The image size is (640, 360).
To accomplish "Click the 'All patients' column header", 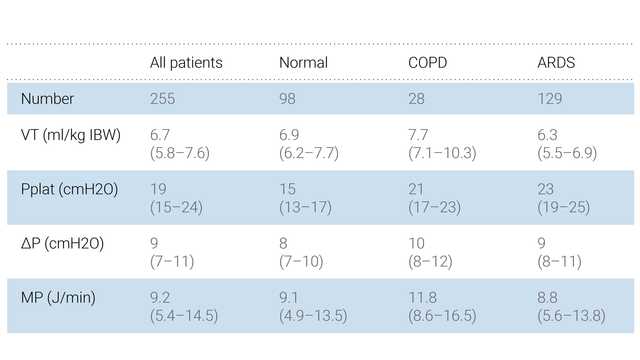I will (186, 63).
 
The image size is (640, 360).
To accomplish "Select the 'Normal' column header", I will (303, 63).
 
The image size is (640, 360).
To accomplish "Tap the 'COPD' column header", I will (429, 63).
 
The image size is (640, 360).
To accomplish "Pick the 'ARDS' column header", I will (557, 63).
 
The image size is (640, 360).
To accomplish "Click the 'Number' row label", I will (47, 99).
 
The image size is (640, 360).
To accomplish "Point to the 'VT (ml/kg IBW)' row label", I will (71, 135).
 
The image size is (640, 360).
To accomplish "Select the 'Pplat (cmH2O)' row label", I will (69, 189).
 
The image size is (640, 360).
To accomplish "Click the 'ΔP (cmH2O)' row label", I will (62, 243).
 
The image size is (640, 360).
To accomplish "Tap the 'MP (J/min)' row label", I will (58, 297).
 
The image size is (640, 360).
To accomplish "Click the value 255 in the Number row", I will (163, 99).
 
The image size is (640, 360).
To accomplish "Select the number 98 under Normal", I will (289, 99).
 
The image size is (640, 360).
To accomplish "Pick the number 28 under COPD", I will (417, 99).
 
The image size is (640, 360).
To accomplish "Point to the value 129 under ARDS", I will (550, 99).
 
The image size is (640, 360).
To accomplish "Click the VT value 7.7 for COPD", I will (418, 135).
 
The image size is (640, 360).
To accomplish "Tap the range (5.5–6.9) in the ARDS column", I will (567, 153).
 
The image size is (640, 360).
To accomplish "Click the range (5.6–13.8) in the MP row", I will (571, 315).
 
